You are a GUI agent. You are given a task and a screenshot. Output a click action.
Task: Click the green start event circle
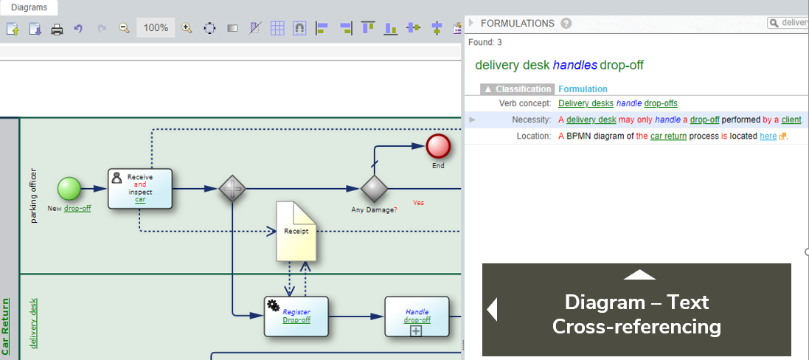(x=69, y=188)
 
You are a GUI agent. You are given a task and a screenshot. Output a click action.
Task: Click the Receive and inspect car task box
(x=140, y=188)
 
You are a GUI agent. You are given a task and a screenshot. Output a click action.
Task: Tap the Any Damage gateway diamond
(x=374, y=188)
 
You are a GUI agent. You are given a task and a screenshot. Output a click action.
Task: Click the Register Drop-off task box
(x=296, y=316)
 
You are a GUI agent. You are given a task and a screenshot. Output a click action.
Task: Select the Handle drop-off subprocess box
(x=417, y=316)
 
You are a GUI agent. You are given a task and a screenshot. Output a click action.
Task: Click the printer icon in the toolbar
(x=57, y=29)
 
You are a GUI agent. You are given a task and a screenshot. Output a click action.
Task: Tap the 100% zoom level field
(x=156, y=28)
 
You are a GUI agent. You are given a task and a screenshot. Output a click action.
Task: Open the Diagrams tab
(x=29, y=7)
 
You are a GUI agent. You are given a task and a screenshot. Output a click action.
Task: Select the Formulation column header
(x=583, y=89)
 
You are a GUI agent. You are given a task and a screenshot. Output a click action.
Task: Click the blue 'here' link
(x=768, y=136)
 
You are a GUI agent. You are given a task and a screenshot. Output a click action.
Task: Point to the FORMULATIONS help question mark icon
(x=566, y=24)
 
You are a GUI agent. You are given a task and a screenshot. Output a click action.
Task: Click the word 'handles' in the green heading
(x=574, y=65)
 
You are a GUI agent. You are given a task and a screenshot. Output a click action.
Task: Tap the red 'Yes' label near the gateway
(x=418, y=202)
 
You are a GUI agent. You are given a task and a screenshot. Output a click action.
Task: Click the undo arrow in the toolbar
(x=78, y=29)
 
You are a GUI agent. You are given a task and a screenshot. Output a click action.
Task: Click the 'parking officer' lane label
(x=33, y=195)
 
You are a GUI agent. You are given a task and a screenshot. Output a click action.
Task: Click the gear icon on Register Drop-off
(x=273, y=305)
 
